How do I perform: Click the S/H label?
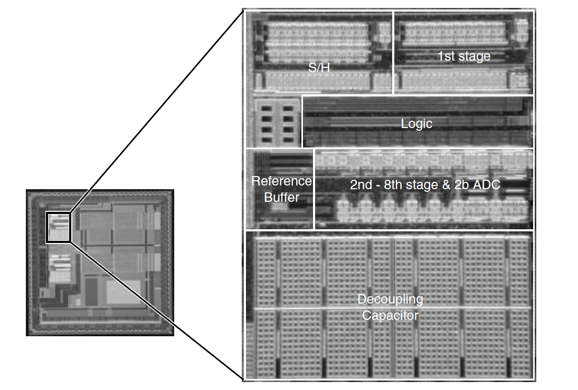(319, 67)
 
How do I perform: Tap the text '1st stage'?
(464, 56)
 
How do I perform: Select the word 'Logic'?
(416, 124)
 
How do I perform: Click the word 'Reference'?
(282, 181)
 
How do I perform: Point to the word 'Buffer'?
(282, 197)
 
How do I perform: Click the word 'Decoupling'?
(390, 299)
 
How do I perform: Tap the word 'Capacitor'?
(390, 315)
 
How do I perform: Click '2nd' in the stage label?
(361, 184)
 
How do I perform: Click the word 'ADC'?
(487, 184)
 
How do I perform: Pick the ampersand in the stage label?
(446, 184)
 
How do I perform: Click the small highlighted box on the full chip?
(58, 227)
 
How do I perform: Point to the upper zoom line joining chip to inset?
(157, 111)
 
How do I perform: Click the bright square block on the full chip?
(124, 292)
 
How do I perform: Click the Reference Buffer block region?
(280, 189)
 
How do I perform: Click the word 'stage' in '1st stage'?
(475, 57)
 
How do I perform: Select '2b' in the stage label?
(462, 184)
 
